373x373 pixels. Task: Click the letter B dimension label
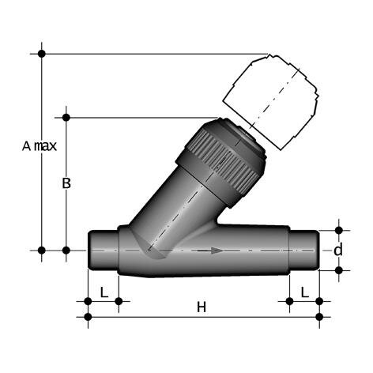pos(67,183)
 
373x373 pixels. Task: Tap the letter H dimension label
pos(201,307)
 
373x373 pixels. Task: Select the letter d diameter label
pos(338,251)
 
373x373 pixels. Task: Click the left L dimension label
pos(104,292)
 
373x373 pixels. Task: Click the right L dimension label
pos(304,292)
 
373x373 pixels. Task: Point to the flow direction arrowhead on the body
pos(215,251)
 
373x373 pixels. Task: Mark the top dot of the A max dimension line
pos(42,54)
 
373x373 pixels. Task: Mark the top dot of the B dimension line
pos(66,118)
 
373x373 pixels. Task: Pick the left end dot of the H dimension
pos(87,317)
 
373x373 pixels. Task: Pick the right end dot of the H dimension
pos(318,317)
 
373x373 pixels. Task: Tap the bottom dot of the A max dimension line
pos(42,251)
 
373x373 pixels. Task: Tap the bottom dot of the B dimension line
pos(66,251)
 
